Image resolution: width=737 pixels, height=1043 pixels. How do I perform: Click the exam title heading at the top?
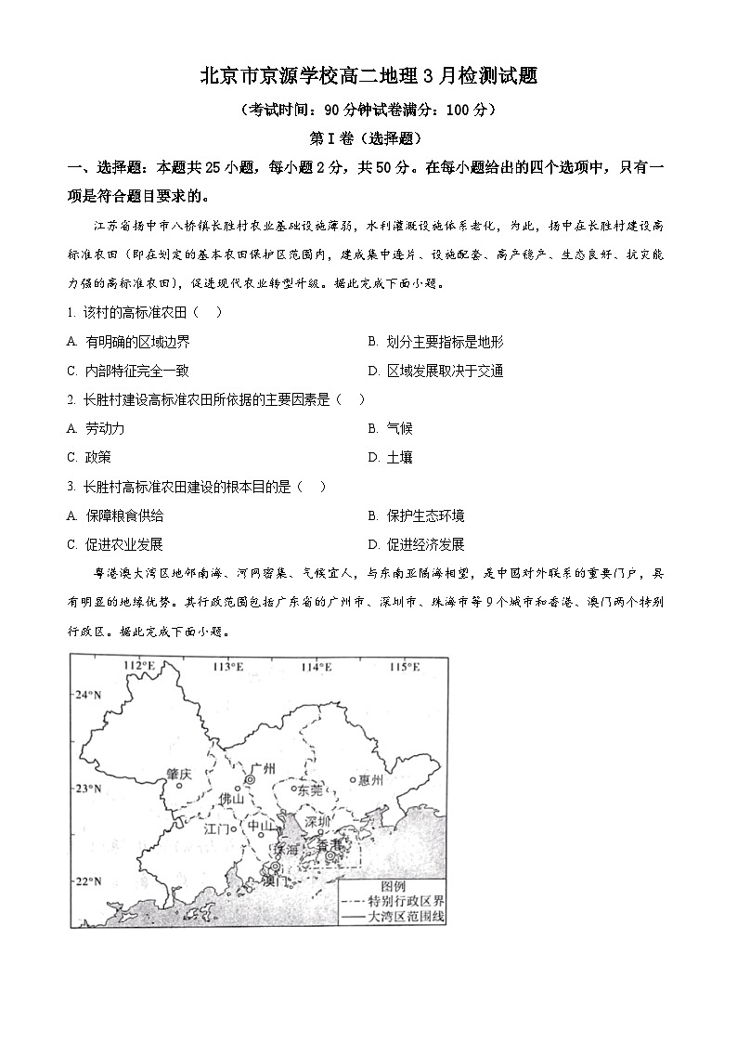click(368, 76)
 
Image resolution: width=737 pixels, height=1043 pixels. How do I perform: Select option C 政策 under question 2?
click(89, 457)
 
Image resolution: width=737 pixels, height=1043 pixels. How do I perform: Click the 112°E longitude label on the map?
click(138, 666)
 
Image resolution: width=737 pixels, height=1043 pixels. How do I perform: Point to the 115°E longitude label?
click(404, 666)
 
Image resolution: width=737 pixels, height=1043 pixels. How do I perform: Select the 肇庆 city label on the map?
click(178, 773)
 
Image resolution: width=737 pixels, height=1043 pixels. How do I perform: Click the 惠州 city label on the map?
click(369, 780)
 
